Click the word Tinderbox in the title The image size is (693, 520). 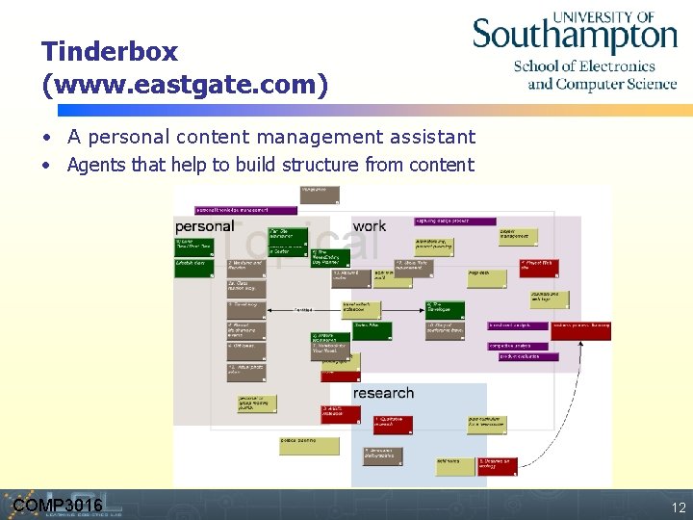point(110,51)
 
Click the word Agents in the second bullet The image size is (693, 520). point(96,165)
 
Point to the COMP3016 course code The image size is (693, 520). point(58,506)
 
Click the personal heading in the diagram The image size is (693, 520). point(204,226)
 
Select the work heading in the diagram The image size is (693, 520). point(369,226)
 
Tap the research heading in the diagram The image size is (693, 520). point(383,393)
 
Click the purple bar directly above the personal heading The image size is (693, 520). point(232,209)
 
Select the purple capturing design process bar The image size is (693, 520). point(455,221)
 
